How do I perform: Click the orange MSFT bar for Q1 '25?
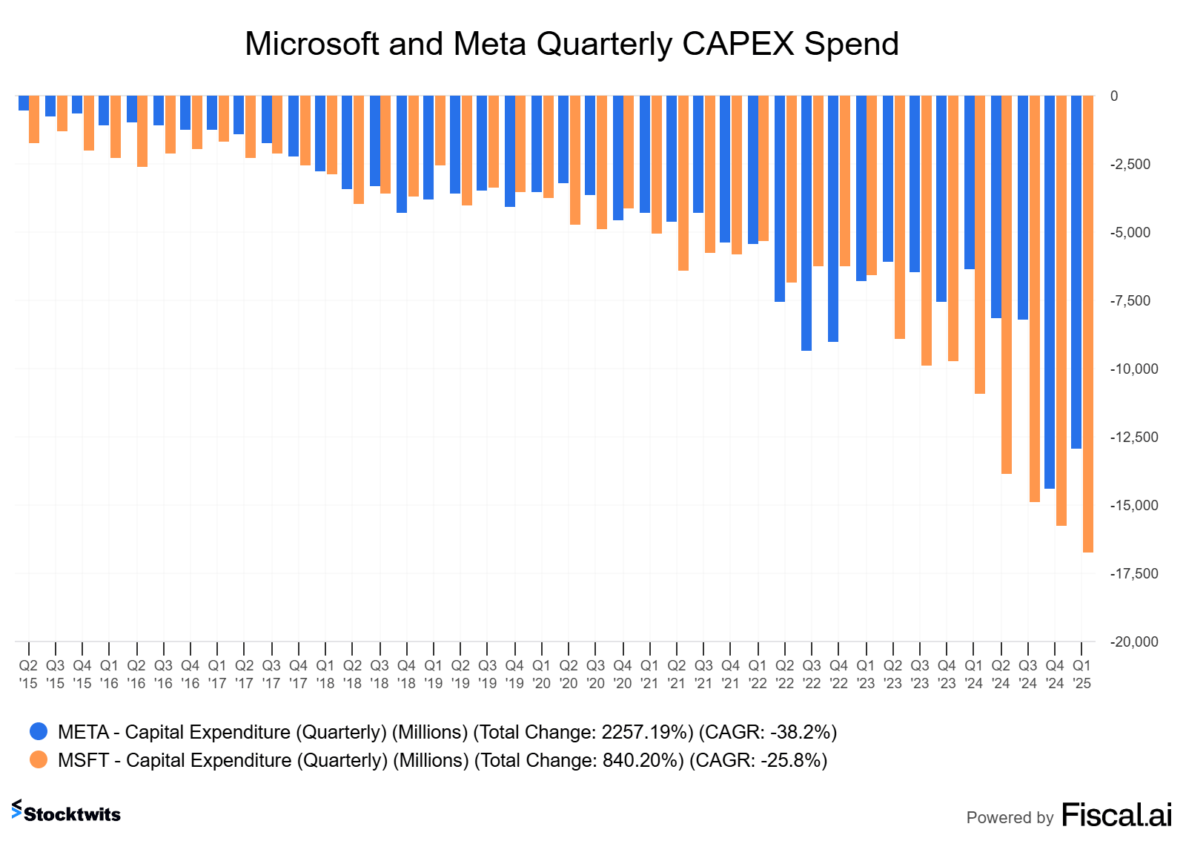tap(1087, 324)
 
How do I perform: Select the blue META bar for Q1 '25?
tap(1076, 272)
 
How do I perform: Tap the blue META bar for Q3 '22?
tap(806, 223)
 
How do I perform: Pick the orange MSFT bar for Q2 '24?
tap(1006, 285)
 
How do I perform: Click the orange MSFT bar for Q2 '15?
tap(34, 119)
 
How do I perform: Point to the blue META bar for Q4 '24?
tap(1049, 292)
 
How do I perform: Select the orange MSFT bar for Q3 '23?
tap(926, 231)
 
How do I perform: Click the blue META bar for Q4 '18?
tap(401, 154)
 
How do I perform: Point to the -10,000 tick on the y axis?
tap(1133, 369)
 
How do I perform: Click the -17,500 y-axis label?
tap(1133, 574)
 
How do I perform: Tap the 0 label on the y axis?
tap(1114, 96)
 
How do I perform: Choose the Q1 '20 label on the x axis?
tap(541, 674)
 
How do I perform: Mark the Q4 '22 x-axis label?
tap(838, 674)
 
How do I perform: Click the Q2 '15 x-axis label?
tap(28, 674)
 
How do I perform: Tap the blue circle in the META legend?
tap(39, 732)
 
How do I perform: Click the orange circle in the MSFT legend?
tap(39, 760)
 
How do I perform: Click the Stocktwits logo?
tap(66, 813)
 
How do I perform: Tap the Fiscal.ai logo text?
tap(1116, 815)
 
